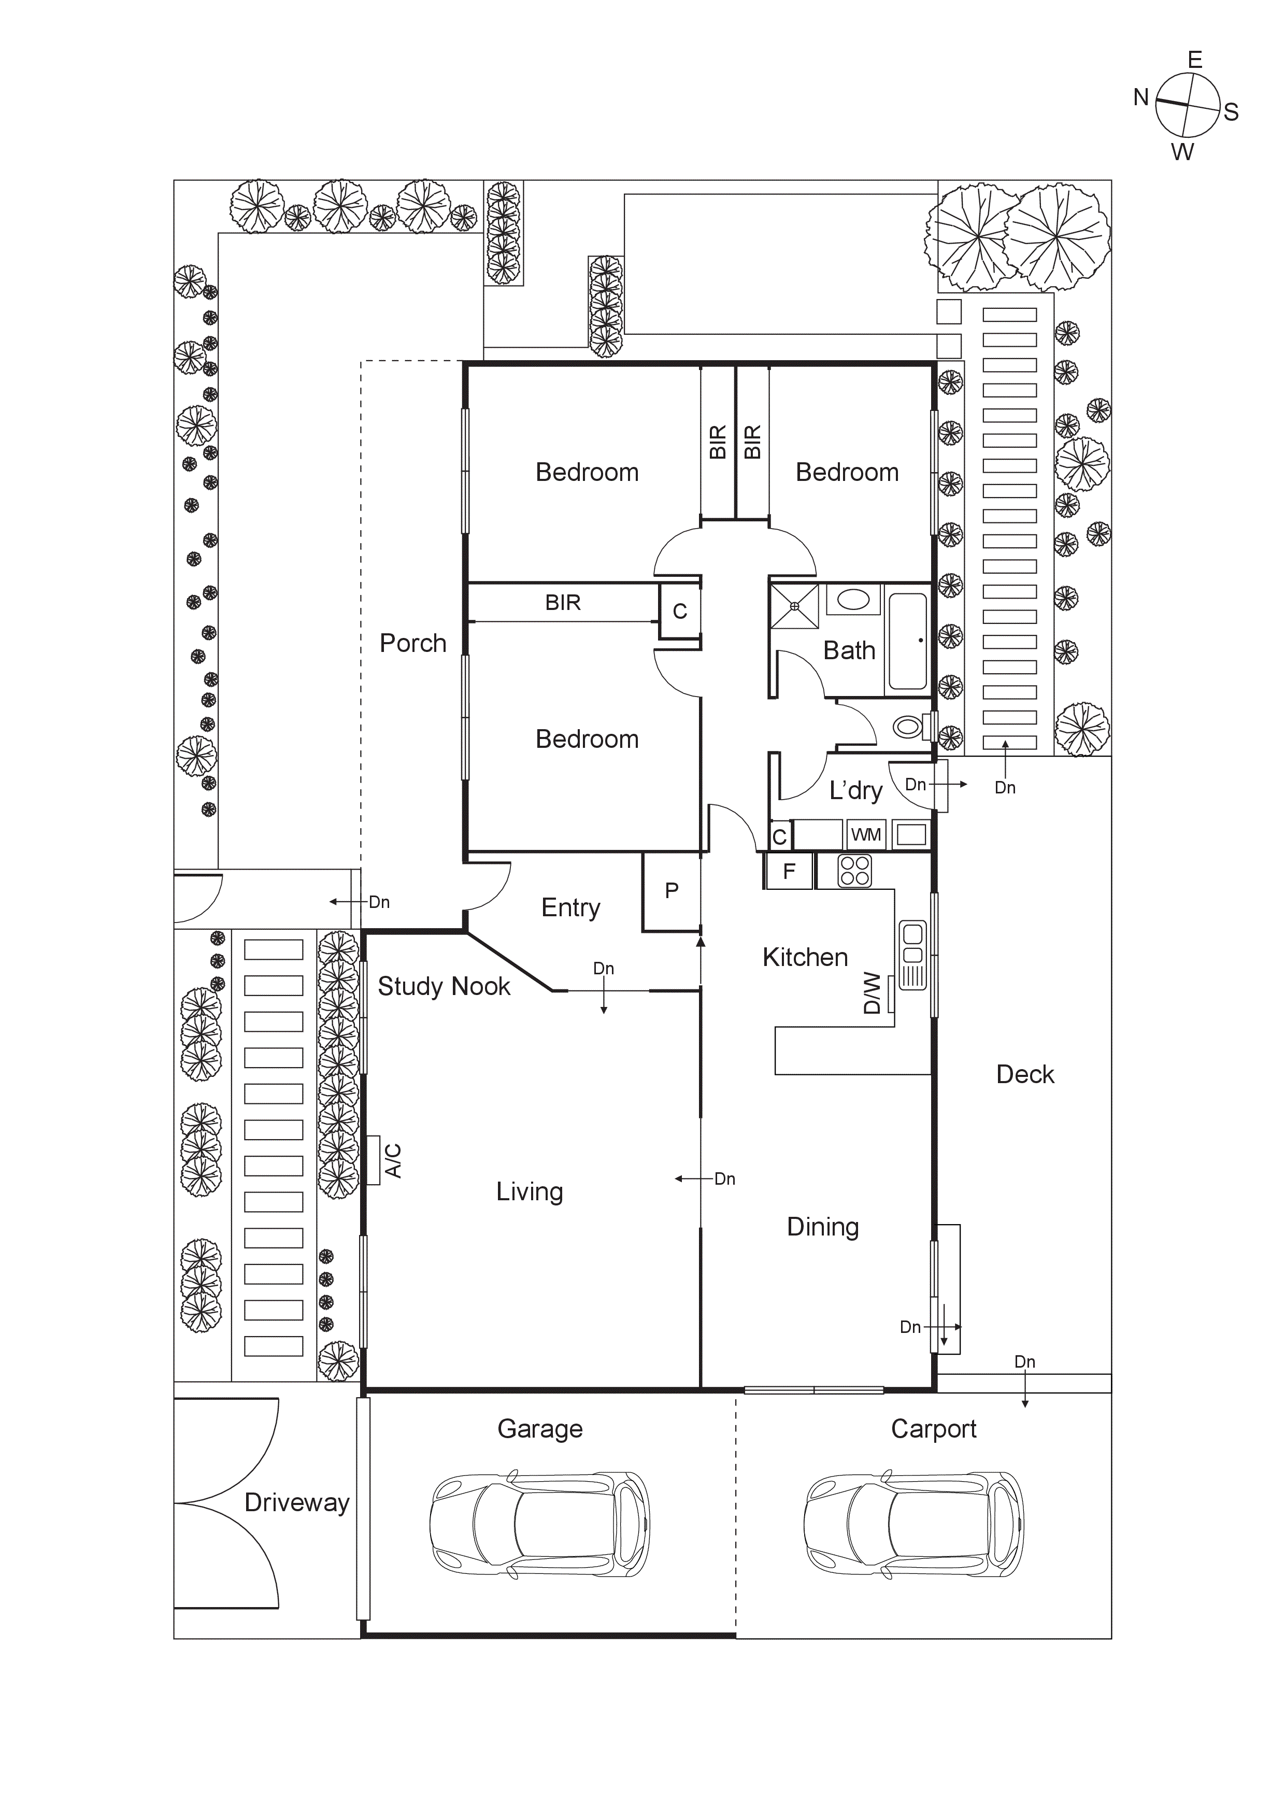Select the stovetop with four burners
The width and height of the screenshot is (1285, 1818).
coord(855,871)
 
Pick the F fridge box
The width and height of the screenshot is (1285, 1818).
coord(789,872)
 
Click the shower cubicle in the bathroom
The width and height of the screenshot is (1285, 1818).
coord(795,606)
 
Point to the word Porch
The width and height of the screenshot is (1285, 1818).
coord(412,643)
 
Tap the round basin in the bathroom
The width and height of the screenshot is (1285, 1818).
coord(853,600)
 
